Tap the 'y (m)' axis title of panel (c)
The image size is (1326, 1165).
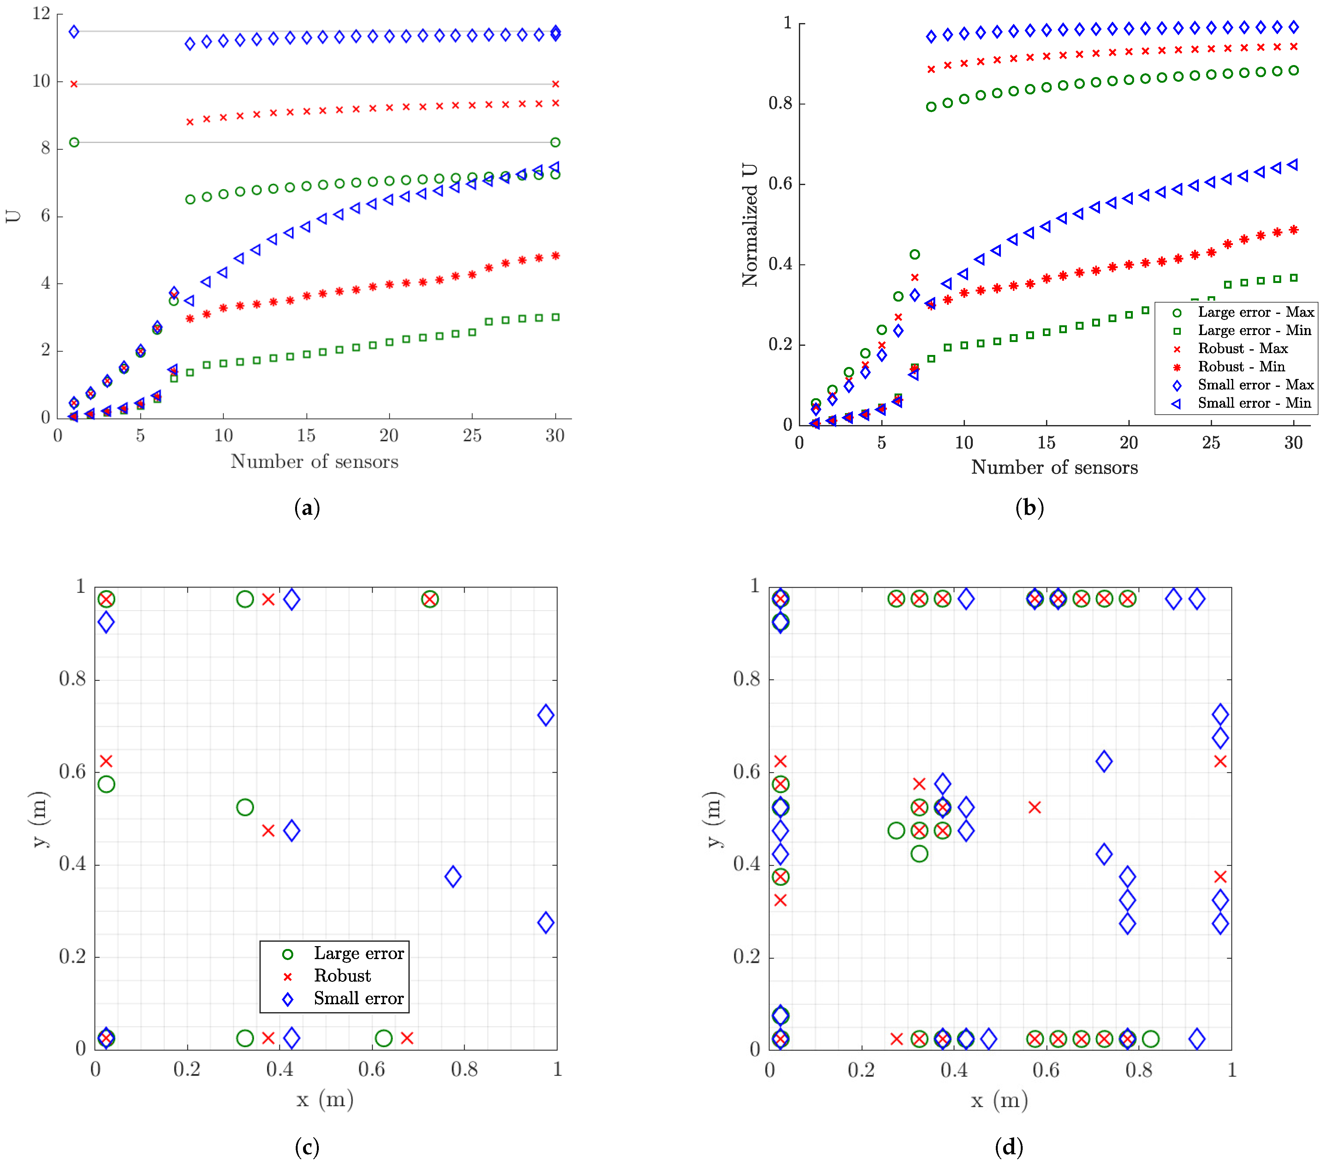39,819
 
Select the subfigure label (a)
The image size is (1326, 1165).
307,507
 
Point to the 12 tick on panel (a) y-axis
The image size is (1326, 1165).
41,14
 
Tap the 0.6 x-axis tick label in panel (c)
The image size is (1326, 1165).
372,1069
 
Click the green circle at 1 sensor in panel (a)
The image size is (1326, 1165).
74,142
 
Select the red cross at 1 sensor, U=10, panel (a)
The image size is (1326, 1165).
74,84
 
